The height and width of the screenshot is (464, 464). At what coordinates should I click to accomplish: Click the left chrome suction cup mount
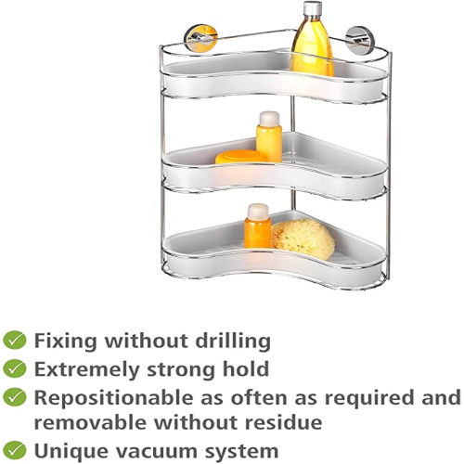200,37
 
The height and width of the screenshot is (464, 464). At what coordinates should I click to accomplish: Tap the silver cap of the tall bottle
312,8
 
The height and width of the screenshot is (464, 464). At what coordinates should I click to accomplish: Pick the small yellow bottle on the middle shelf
269,136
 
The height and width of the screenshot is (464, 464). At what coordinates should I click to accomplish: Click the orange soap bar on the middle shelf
239,157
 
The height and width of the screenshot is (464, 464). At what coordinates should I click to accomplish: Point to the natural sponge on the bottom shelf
303,238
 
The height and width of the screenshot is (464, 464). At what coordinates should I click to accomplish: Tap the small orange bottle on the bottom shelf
258,226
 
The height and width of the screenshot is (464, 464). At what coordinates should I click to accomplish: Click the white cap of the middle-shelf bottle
269,118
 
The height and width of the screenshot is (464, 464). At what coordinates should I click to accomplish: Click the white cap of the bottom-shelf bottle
258,211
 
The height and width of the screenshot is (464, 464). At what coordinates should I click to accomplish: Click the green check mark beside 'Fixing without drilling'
15,341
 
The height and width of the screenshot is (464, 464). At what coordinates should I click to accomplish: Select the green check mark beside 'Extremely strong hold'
15,368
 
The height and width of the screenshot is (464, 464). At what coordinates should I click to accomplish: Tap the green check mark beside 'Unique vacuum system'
15,450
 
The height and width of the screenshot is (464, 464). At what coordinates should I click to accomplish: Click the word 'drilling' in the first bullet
233,342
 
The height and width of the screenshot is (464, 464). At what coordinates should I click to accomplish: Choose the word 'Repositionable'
115,398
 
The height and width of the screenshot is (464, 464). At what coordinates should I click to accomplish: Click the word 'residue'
283,422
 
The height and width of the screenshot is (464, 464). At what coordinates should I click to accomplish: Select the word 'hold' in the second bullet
246,368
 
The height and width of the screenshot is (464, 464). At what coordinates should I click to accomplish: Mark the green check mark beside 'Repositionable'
15,397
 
